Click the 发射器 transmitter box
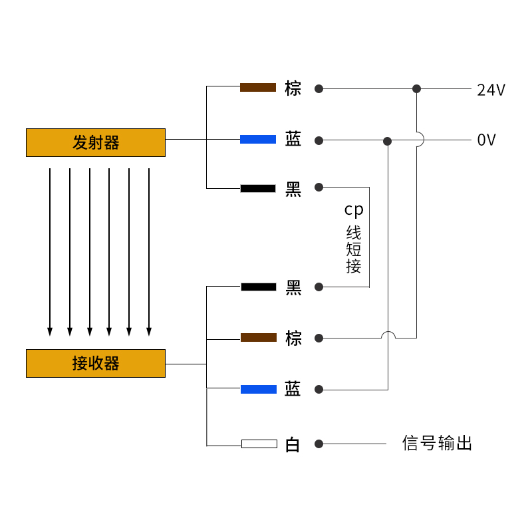click(x=96, y=142)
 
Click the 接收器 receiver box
click(x=96, y=363)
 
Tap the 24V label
click(x=491, y=90)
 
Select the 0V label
click(x=486, y=140)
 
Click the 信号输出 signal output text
click(x=437, y=443)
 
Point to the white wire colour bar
click(x=259, y=444)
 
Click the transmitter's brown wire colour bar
click(x=258, y=87)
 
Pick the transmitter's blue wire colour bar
click(x=258, y=139)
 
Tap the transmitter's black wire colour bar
click(x=258, y=188)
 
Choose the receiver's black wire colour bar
click(x=258, y=287)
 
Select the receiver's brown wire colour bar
click(x=258, y=338)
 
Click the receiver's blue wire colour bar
click(x=258, y=389)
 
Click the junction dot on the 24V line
click(x=416, y=88)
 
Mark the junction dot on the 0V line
click(x=388, y=141)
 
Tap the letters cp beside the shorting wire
click(x=354, y=210)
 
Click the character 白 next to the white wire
click(x=293, y=444)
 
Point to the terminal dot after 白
click(x=319, y=444)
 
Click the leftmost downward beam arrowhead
click(x=49, y=331)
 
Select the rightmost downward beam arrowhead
click(x=149, y=331)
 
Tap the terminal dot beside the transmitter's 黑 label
click(x=319, y=188)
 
